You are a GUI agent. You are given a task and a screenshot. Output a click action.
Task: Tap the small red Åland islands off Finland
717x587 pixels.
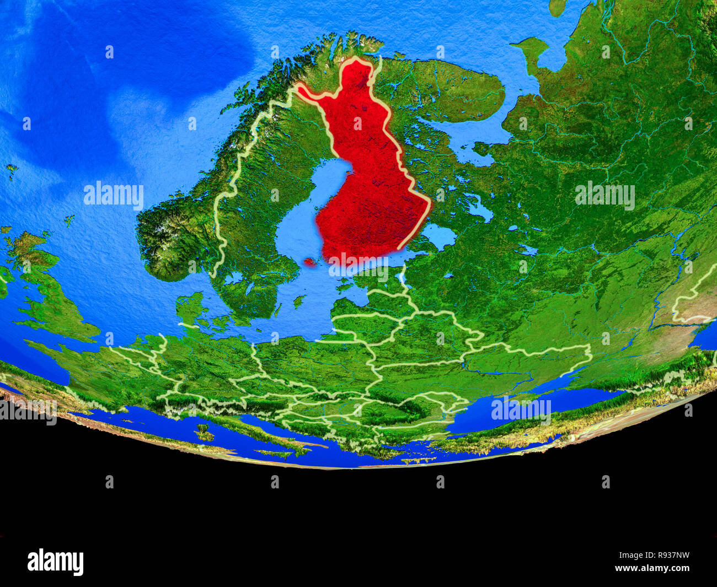[311, 262]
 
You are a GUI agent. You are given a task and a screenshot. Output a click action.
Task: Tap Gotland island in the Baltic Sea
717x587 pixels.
[299, 301]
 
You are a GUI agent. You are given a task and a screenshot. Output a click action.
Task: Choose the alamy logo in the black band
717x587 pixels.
[55, 562]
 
